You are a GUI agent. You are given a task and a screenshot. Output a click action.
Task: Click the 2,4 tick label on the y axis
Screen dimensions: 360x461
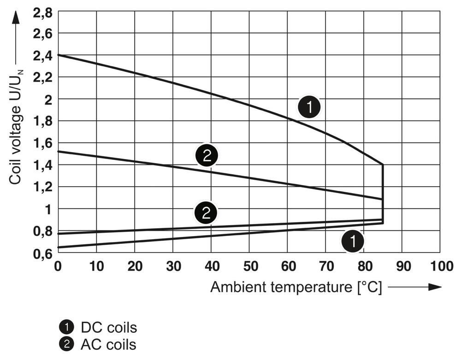[42, 55]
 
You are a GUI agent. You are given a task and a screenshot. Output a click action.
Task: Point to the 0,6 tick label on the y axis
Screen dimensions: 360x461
[42, 253]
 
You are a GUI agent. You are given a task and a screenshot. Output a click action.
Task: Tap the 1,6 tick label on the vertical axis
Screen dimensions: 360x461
[42, 143]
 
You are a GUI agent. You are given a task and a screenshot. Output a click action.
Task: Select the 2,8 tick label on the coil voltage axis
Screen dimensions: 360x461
[42, 12]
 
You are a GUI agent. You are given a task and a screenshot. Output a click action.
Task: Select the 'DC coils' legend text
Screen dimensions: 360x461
[109, 328]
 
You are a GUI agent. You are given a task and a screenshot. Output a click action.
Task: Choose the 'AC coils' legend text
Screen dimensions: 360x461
[109, 344]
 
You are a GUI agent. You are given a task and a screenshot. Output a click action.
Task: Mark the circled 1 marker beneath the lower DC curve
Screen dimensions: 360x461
[353, 241]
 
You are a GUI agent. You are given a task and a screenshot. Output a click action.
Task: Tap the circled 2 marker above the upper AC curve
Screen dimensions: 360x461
[206, 155]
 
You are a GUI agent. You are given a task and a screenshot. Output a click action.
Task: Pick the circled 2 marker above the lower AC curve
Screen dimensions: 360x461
[206, 212]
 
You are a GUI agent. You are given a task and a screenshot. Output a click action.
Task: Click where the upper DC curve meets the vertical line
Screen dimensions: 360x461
[383, 165]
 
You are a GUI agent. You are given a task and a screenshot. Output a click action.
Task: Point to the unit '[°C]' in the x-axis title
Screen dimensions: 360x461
[369, 287]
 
